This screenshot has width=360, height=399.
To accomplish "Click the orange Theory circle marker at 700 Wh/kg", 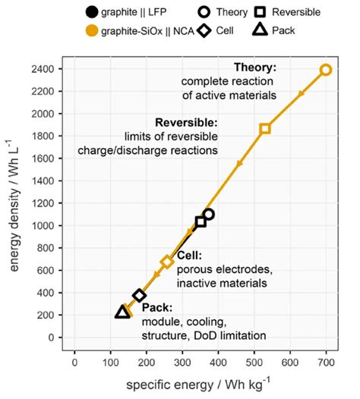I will [x=326, y=70].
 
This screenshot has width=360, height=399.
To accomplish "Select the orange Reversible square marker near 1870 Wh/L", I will [x=265, y=129].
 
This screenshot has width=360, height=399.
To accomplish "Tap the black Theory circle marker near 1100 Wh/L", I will [x=209, y=215].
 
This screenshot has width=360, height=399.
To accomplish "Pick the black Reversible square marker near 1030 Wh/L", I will [x=201, y=221].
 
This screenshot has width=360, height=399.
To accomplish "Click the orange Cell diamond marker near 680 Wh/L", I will [x=168, y=262].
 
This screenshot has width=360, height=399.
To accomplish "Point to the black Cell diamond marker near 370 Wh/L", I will [x=139, y=295].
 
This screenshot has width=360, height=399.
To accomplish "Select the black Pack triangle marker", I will [x=122, y=312].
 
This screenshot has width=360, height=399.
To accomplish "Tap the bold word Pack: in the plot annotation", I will [x=155, y=308].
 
